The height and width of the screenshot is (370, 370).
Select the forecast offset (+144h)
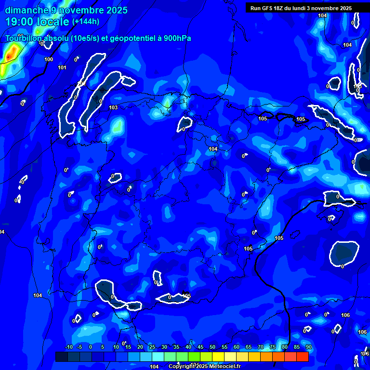pyautogui.click(x=86, y=22)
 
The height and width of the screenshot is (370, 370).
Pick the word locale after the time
pyautogui.click(x=53, y=22)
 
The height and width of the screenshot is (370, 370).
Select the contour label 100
pyautogui.click(x=49, y=59)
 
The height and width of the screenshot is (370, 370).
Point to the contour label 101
pyautogui.click(x=62, y=67)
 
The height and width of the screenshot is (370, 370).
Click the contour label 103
pyautogui.click(x=113, y=107)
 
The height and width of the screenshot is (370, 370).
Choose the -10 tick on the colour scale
pyautogui.click(x=68, y=347)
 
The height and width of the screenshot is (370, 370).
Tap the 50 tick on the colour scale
pyautogui.click(x=212, y=347)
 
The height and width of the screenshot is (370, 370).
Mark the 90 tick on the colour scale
pyautogui.click(x=308, y=347)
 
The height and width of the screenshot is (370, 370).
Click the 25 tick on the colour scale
pyautogui.click(x=152, y=347)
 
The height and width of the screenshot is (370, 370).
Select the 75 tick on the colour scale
pyautogui.click(x=272, y=347)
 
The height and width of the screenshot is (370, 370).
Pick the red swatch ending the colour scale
pyautogui.click(x=302, y=357)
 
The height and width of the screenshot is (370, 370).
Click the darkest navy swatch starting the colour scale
pyautogui.click(x=62, y=357)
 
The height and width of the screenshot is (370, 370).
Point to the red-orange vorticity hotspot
pyautogui.click(x=8, y=57)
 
